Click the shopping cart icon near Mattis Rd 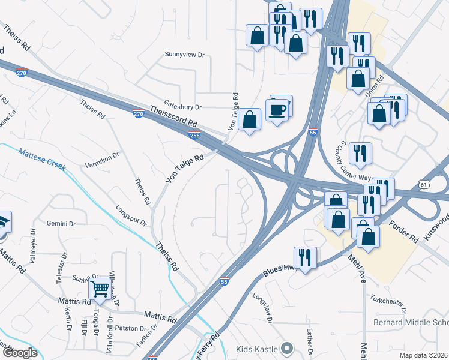(x=100, y=289)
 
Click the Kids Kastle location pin (x=287, y=348)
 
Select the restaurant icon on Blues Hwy (x=305, y=258)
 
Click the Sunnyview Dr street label (x=185, y=55)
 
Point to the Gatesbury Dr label (x=181, y=107)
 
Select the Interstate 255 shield (x=194, y=135)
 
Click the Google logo (x=19, y=353)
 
